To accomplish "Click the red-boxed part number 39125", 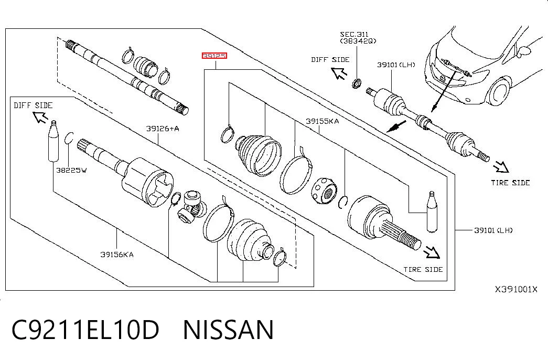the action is coord(214,56).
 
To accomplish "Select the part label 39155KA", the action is coord(322,121).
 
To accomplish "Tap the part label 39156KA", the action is coord(117,255).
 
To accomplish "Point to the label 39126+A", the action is coord(163,129).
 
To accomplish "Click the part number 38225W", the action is coord(71,171).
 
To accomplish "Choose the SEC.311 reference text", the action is coord(354,34).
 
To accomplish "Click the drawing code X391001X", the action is coord(516,289).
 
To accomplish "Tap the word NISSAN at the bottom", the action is coord(228,330).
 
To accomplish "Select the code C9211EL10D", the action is coord(85,330).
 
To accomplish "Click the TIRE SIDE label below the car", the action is coord(510,183).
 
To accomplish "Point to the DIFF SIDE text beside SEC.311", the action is coord(330,60).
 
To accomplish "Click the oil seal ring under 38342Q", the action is coord(356,84).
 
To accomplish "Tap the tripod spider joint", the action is coord(190,208).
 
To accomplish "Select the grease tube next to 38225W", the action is coord(53,141).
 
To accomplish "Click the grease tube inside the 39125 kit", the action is coord(432,211).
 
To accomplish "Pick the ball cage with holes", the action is coord(324,190).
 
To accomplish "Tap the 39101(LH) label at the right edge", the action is coord(493,230).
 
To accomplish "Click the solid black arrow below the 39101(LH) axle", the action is coord(396,126).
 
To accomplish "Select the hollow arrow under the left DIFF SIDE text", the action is coord(40,117).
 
